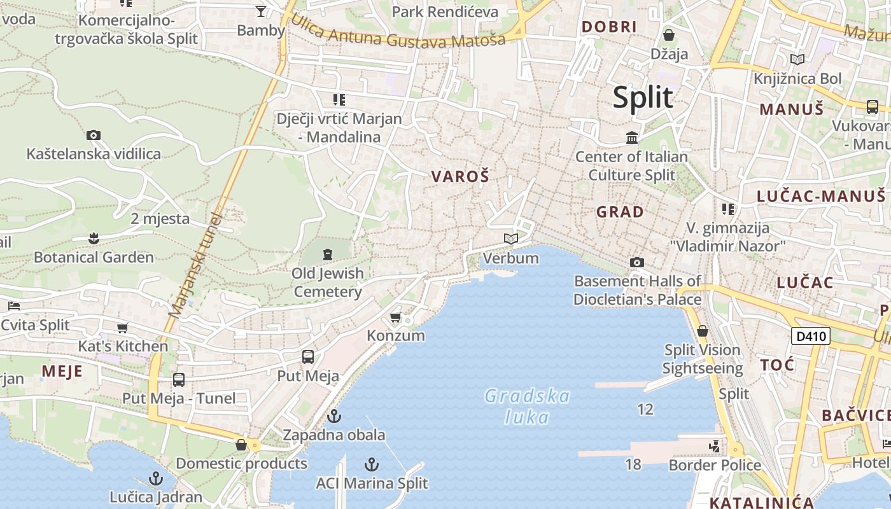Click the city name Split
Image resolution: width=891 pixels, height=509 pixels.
(643, 97)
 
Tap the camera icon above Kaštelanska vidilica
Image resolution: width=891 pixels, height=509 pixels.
(94, 135)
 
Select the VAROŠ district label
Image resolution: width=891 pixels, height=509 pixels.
(460, 176)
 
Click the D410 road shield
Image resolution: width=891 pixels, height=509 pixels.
(811, 335)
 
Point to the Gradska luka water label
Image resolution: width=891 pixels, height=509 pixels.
(527, 406)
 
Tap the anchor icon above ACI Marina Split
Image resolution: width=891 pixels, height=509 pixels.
(372, 464)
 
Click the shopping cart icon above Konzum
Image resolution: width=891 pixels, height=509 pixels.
(395, 317)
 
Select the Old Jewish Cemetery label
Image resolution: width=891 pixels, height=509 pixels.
(328, 282)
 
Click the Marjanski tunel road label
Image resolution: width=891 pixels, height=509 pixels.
(195, 265)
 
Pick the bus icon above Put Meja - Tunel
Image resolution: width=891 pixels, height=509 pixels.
(179, 380)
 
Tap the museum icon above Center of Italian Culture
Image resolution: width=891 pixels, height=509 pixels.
(632, 137)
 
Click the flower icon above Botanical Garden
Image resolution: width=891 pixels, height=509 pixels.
(94, 239)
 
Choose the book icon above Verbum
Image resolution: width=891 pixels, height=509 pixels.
(510, 239)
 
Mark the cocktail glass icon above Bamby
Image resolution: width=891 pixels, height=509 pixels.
(261, 11)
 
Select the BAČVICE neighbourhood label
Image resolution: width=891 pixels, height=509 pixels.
(855, 415)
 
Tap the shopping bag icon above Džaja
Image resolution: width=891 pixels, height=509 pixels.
(669, 34)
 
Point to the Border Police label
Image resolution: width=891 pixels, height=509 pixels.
(715, 465)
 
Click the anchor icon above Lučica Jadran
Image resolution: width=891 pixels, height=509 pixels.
(156, 478)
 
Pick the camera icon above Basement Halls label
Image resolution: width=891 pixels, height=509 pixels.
(636, 262)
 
